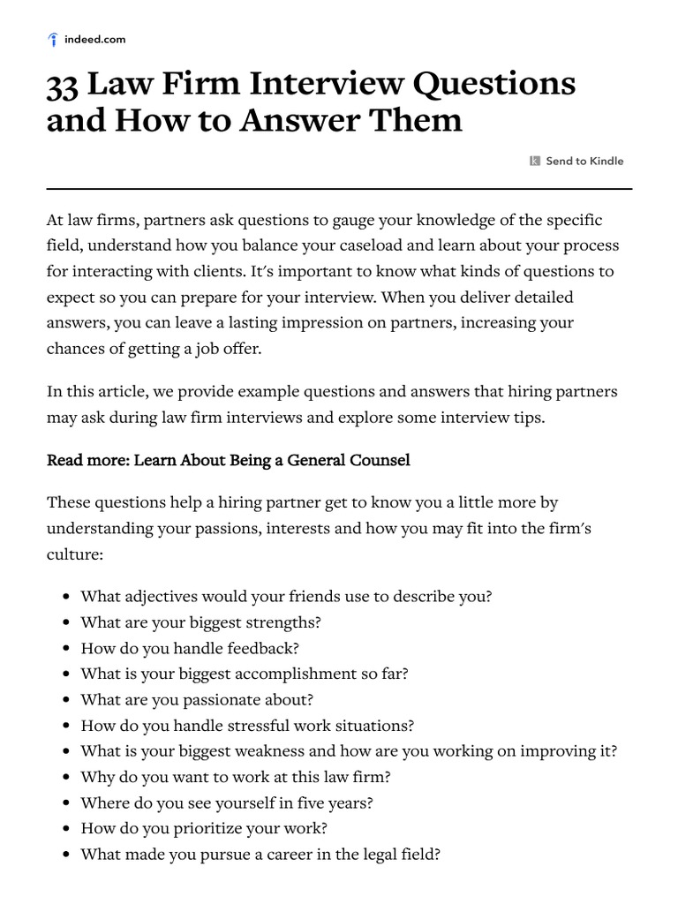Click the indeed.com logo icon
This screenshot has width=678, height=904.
[x=53, y=39]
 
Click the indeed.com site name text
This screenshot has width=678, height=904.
[x=95, y=39]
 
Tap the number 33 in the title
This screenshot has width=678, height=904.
[x=64, y=85]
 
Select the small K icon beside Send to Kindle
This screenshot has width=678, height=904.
[x=535, y=161]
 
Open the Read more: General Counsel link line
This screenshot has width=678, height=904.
[x=228, y=460]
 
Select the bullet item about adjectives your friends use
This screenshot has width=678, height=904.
[x=286, y=596]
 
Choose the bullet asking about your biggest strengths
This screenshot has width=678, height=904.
[x=200, y=621]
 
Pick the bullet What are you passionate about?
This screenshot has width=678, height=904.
[x=197, y=699]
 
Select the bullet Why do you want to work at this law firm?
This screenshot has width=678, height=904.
[x=235, y=777]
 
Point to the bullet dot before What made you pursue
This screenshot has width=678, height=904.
[x=67, y=855]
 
